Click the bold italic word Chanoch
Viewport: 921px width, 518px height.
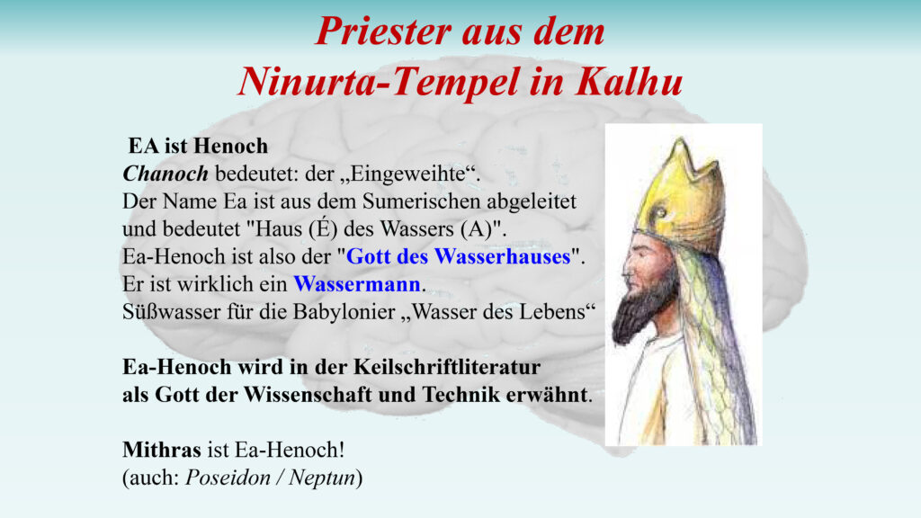point(165,174)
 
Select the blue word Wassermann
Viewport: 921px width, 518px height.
point(357,284)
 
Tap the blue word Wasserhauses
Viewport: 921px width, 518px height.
point(503,256)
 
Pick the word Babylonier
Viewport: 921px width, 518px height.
point(343,312)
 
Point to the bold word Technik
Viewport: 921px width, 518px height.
point(460,395)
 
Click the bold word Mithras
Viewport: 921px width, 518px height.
point(162,450)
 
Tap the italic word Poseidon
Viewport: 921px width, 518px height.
point(228,478)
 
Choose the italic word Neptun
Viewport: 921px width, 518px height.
point(322,478)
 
